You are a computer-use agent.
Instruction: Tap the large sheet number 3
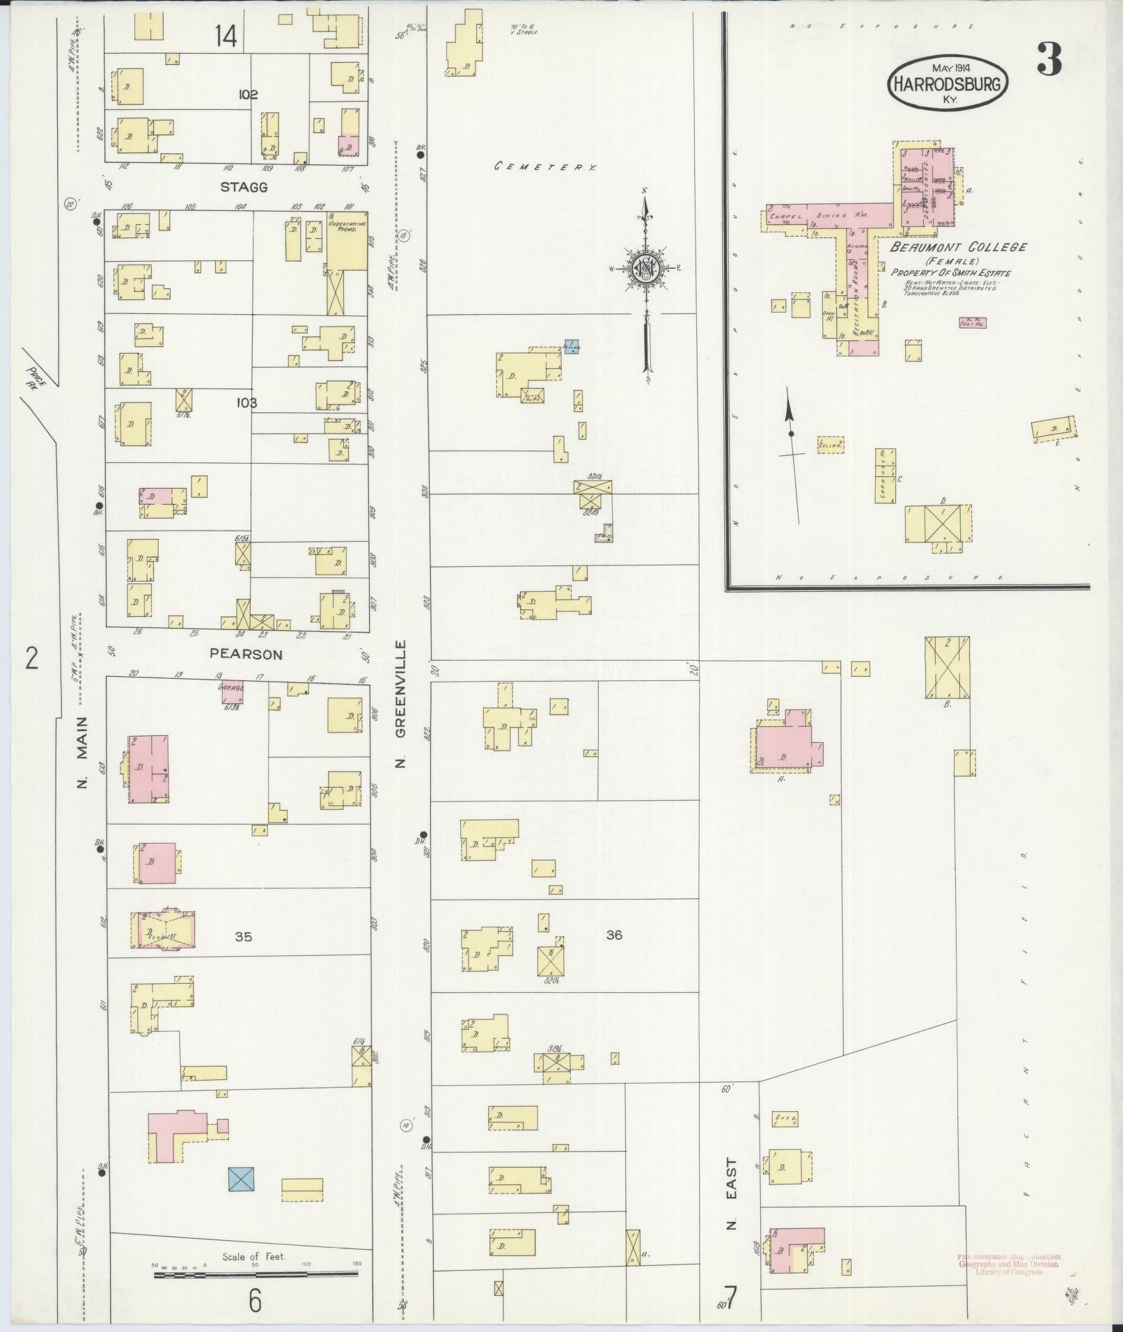coord(1049,60)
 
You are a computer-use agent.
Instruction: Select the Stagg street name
coord(244,187)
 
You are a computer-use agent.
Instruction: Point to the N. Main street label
coord(83,753)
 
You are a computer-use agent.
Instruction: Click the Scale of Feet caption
coord(255,1257)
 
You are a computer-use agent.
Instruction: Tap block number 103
coord(246,403)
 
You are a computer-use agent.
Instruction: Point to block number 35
coord(243,937)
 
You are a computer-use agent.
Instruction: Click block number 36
coord(613,935)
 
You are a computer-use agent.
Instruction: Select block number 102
coord(247,95)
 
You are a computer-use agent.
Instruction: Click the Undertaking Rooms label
coord(346,226)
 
